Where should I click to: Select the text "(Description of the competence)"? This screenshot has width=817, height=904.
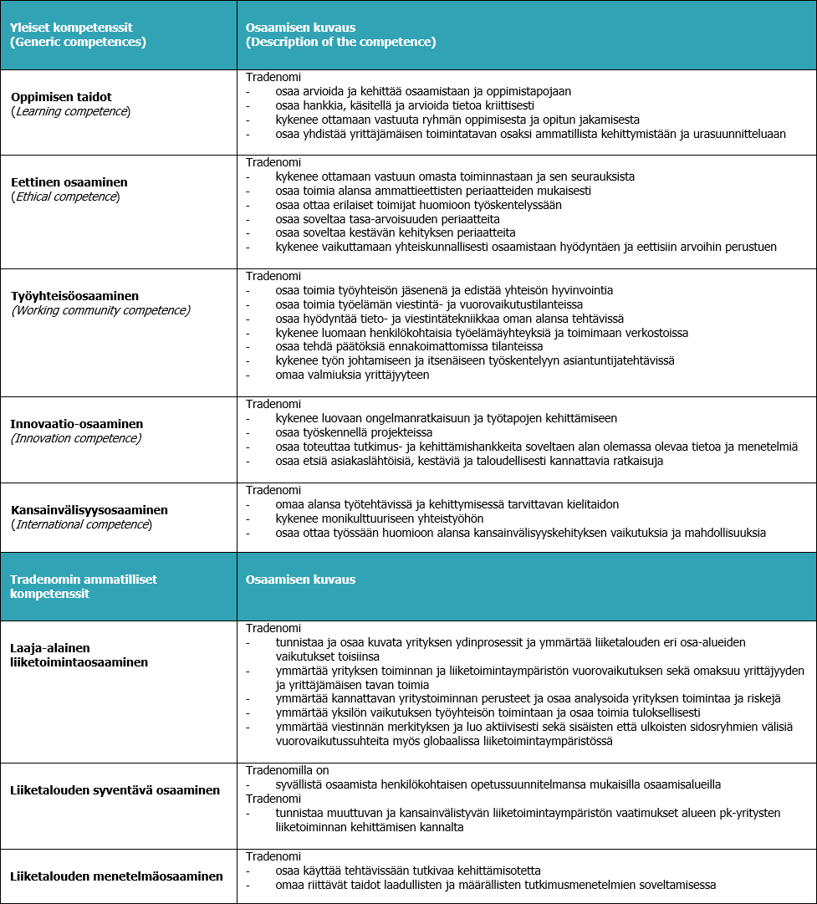340,42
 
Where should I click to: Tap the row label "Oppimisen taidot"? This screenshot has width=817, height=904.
61,97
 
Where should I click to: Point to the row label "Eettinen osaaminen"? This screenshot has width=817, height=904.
69,182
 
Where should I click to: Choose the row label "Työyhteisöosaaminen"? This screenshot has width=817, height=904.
74,296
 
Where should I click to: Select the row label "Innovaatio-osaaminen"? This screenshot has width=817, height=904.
77,424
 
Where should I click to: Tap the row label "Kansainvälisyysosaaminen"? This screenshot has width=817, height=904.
89,510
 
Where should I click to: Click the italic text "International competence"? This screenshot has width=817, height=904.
81,524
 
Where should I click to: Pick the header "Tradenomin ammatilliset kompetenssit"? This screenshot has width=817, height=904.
84,586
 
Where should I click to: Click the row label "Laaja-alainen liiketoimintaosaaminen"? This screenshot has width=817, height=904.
79,655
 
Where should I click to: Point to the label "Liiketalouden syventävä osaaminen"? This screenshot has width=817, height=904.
115,790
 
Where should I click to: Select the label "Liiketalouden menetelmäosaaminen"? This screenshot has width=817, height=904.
117,876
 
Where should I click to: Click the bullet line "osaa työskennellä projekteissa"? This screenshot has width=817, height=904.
354,432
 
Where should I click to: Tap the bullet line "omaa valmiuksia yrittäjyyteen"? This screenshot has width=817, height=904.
352,375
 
